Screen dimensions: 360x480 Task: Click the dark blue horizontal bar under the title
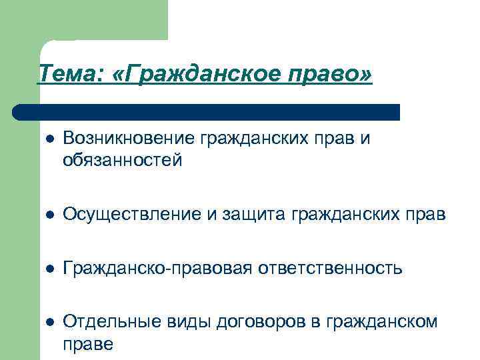point(207,111)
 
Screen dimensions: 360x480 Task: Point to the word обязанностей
point(122,161)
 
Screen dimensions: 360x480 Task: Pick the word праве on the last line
point(88,344)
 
